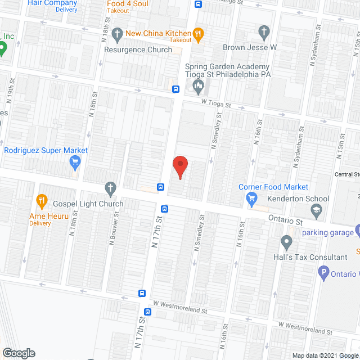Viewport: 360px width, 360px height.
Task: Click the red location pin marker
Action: point(180,166)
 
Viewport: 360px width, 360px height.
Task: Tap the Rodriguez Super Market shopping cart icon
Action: point(74,163)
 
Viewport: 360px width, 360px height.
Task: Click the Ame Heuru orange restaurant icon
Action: point(41,200)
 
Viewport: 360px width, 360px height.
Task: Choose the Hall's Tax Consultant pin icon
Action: point(286,243)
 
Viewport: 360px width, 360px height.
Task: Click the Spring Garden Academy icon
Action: point(198,85)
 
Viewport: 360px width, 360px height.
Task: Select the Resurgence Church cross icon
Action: point(117,33)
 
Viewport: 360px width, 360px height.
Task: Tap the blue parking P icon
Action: point(323,274)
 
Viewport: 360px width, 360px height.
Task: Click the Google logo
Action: point(19,353)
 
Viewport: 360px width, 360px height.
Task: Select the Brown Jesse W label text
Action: point(250,48)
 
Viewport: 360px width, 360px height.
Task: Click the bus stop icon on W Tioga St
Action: point(176,89)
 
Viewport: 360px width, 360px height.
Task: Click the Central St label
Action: point(347,174)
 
